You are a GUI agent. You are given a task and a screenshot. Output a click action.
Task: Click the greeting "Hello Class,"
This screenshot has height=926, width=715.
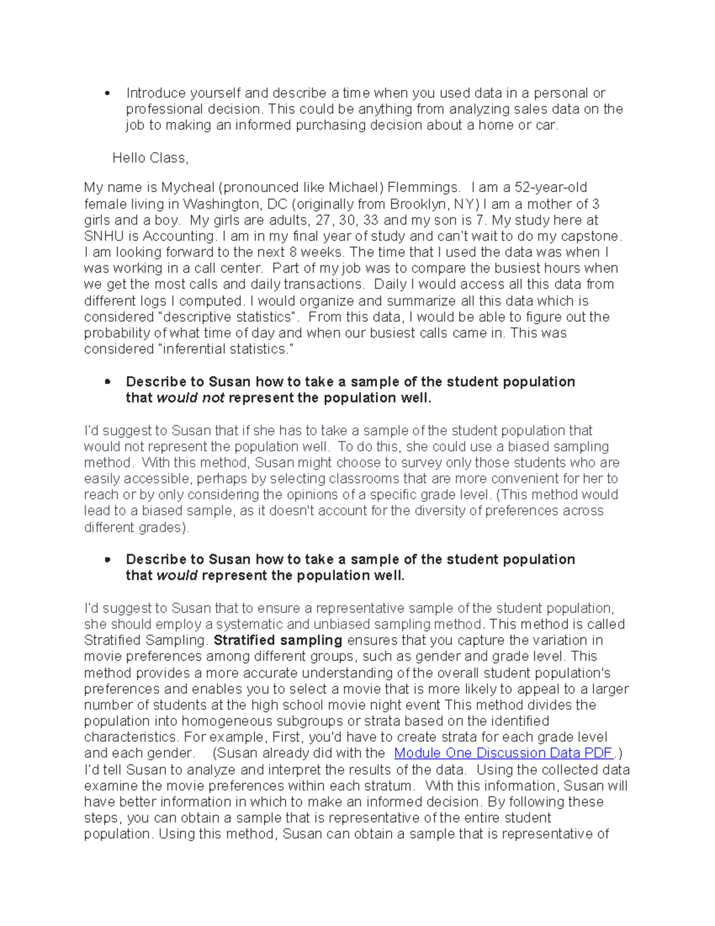(150, 158)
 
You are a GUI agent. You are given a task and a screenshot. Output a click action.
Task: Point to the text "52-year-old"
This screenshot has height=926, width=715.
(551, 188)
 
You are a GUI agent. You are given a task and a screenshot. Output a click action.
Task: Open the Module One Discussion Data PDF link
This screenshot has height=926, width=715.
(503, 753)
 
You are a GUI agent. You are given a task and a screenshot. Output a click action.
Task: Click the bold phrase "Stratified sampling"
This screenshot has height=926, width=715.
(278, 640)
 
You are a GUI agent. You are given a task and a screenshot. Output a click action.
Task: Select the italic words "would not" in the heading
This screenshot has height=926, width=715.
(190, 398)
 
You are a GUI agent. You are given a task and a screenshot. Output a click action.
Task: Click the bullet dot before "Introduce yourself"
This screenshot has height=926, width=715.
(107, 94)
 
